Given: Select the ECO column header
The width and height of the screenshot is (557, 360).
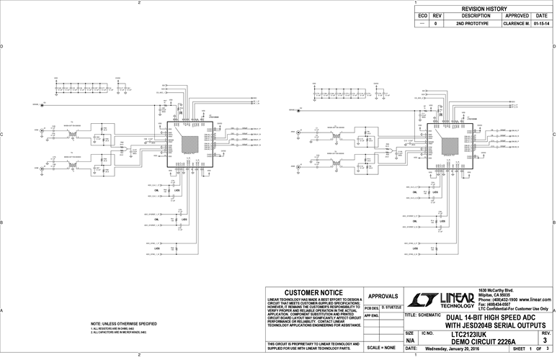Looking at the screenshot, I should (x=423, y=16).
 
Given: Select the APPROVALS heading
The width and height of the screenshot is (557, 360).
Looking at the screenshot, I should (x=383, y=296).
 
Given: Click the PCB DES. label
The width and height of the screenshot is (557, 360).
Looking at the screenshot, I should (x=372, y=307).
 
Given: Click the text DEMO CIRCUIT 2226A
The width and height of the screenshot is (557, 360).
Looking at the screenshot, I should (x=480, y=341).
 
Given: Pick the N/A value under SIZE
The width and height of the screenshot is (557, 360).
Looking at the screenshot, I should (x=410, y=341).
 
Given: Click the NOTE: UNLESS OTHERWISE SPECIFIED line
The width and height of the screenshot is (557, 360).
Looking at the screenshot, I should (x=124, y=325).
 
